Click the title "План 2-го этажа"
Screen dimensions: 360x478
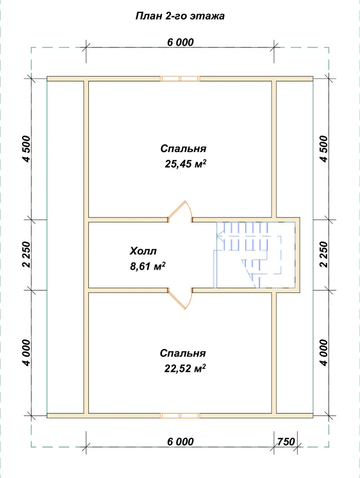click(180, 16)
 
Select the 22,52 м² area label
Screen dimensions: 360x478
click(185, 368)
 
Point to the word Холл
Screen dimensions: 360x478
click(143, 251)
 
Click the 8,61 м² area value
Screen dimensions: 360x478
click(148, 266)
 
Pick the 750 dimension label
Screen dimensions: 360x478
click(286, 441)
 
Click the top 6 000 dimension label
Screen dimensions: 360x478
click(181, 42)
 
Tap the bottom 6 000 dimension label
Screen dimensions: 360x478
click(181, 441)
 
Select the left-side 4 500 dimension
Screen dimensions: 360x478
click(27, 149)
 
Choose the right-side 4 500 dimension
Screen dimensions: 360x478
click(324, 149)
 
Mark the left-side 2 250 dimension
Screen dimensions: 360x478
click(27, 254)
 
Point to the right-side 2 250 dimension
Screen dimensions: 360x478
click(324, 254)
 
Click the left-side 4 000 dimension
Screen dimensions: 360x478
click(27, 352)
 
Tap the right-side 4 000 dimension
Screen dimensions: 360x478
click(324, 352)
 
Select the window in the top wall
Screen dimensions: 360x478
click(180, 79)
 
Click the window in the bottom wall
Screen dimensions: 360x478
click(180, 416)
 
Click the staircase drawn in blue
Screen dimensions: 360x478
click(255, 255)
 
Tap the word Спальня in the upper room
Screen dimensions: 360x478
click(183, 149)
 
